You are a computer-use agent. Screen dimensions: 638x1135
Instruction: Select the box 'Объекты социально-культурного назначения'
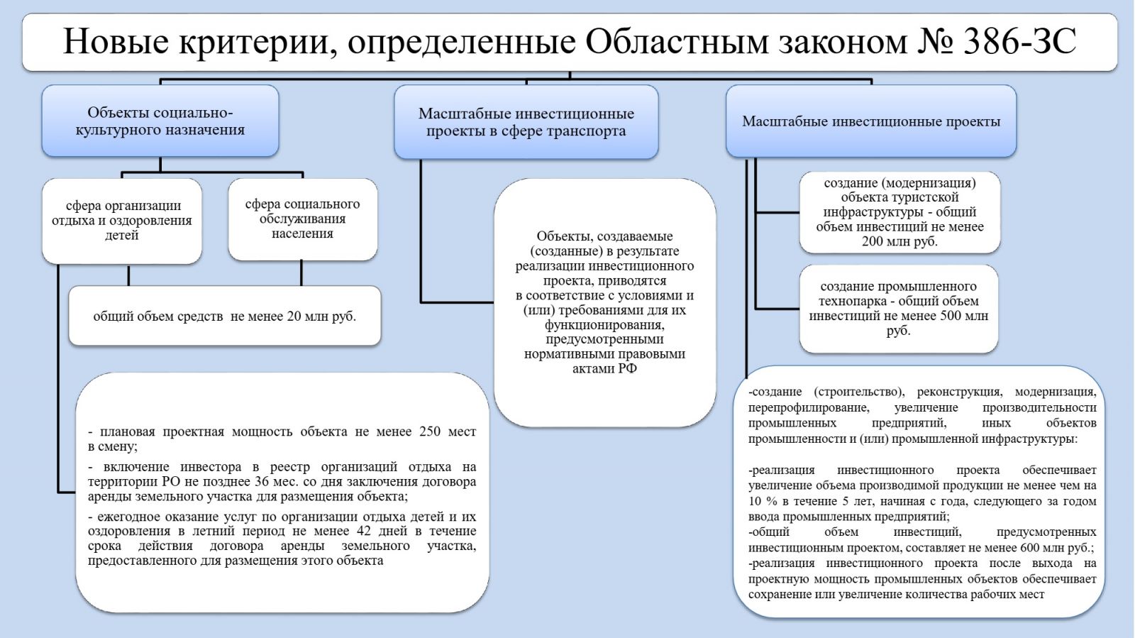click(160, 121)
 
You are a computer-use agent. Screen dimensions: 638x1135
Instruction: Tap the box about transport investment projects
click(526, 122)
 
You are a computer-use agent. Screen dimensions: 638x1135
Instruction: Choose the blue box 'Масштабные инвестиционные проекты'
click(871, 121)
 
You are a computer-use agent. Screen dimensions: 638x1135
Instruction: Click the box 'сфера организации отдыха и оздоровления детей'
click(122, 220)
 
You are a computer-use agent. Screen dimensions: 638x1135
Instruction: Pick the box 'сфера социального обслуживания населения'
click(302, 219)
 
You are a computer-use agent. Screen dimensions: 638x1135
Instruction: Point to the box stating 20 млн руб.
click(224, 317)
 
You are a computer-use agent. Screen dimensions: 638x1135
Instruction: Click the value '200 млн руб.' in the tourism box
click(899, 241)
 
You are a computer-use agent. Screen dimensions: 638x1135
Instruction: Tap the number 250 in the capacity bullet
click(430, 431)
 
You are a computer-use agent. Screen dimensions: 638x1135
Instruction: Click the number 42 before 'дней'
click(364, 531)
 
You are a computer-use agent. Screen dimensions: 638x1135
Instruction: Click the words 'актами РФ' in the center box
click(604, 369)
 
